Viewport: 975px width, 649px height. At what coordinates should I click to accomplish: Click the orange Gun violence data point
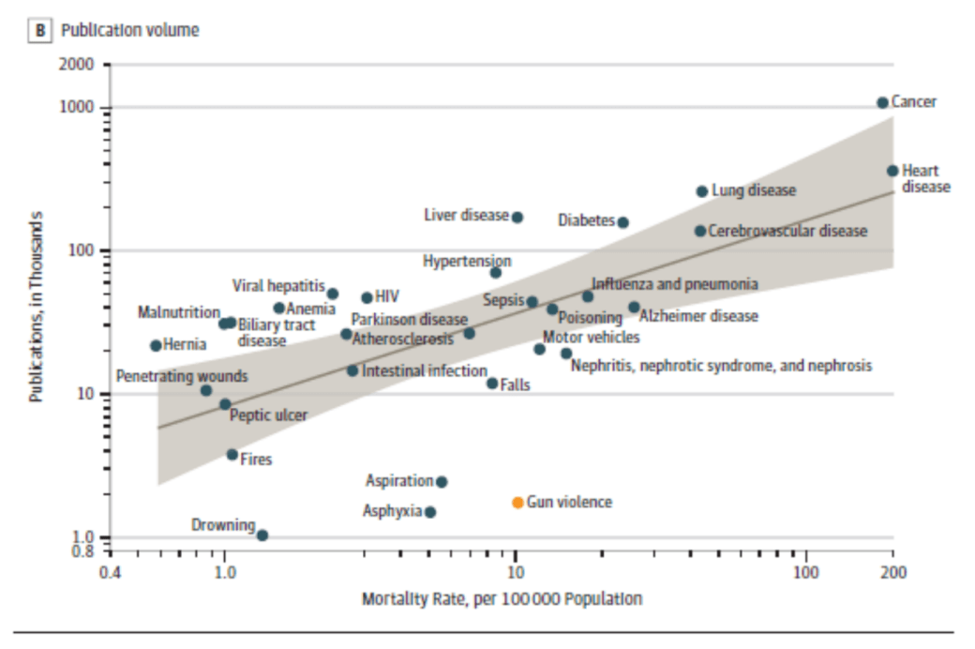(x=517, y=503)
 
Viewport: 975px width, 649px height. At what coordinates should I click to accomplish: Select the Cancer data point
(x=882, y=102)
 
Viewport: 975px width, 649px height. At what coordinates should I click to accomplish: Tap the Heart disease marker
(x=892, y=171)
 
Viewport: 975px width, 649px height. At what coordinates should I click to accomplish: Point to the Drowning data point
(x=262, y=536)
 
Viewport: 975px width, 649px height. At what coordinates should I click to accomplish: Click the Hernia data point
(x=156, y=345)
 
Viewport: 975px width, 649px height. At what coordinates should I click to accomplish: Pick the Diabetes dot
(x=622, y=222)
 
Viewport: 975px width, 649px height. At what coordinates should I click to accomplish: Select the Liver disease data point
(x=517, y=217)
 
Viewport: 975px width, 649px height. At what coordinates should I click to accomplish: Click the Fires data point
(x=232, y=454)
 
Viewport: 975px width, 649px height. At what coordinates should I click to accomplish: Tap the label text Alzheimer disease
(x=698, y=317)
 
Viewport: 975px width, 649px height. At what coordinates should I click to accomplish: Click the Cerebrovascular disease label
(x=787, y=231)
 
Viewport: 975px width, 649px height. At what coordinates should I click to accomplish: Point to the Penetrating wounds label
(x=182, y=376)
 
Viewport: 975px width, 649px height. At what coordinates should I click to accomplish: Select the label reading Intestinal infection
(x=424, y=371)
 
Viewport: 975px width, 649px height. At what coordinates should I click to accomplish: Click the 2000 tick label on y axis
(x=79, y=65)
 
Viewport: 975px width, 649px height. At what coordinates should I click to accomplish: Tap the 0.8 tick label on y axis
(x=83, y=551)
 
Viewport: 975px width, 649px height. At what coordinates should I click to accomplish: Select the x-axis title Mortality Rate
(x=502, y=599)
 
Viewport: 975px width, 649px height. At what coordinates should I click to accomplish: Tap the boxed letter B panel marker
(x=41, y=30)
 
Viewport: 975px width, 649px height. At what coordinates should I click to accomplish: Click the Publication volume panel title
(x=130, y=30)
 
